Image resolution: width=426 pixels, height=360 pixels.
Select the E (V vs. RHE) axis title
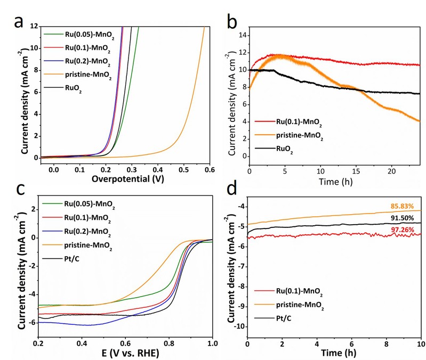click(125, 353)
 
